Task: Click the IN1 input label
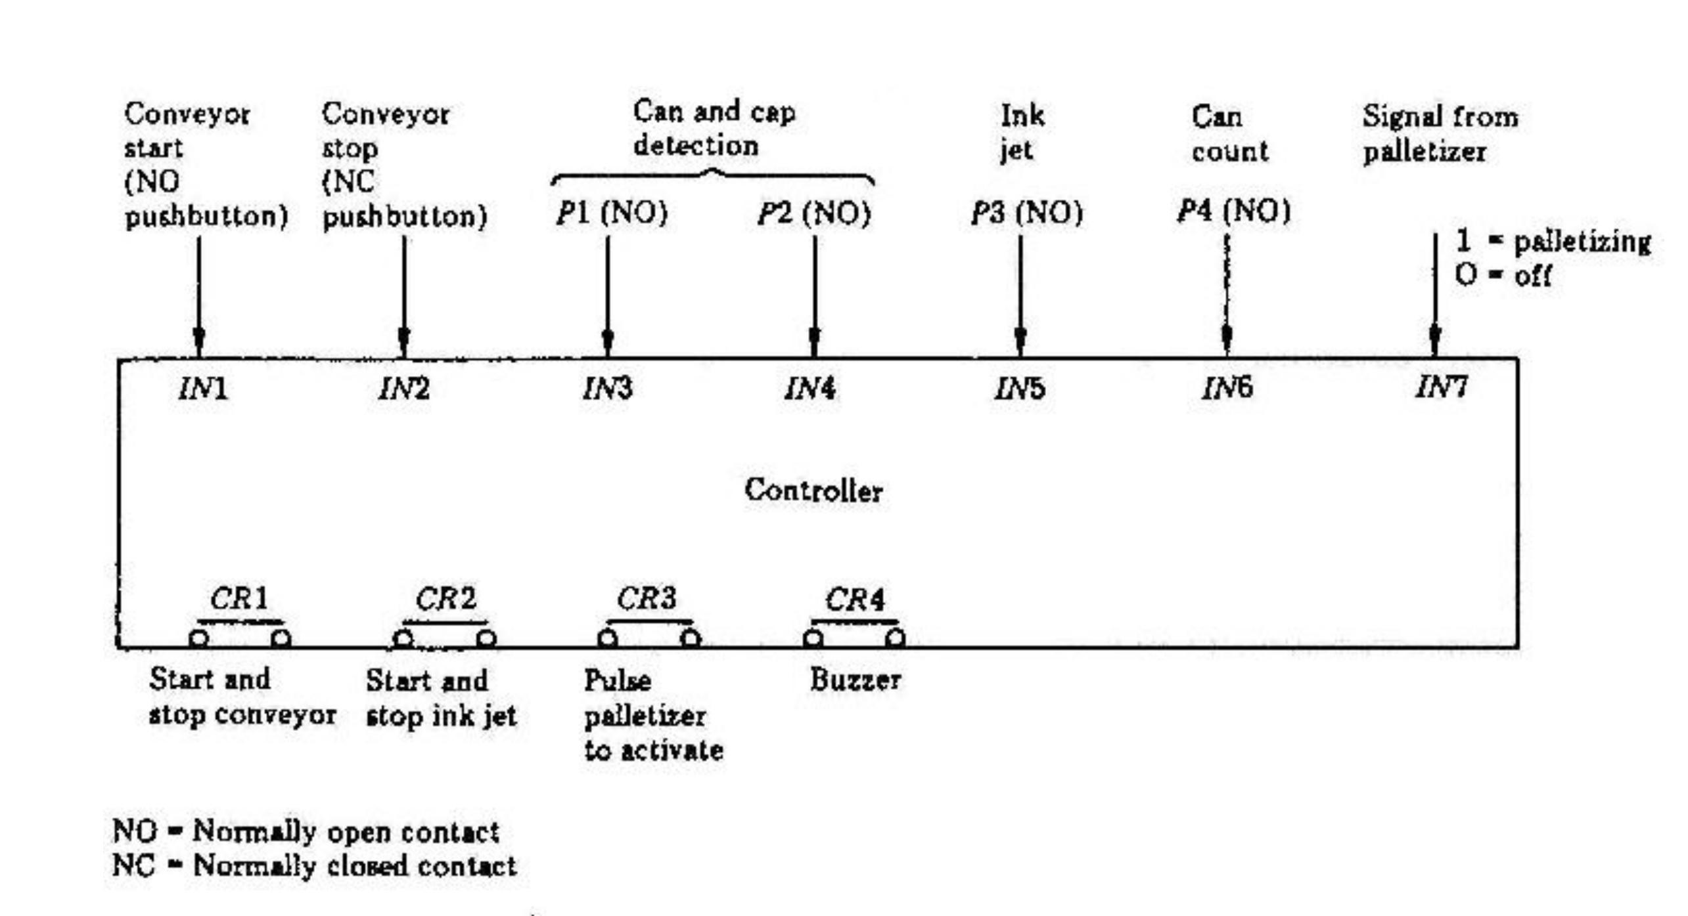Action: point(203,389)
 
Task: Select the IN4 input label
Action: point(810,389)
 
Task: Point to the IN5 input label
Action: point(1019,389)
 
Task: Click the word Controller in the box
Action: point(813,491)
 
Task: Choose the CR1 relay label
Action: point(239,599)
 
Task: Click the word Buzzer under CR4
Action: point(855,680)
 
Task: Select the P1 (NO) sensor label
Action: point(612,213)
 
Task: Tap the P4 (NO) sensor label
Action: point(1233,211)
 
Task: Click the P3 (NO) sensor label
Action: point(1026,213)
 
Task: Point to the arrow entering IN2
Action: point(404,295)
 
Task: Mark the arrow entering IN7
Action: point(1435,295)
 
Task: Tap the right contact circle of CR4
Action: point(895,638)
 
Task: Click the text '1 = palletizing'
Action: point(1553,242)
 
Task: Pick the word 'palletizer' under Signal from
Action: point(1424,152)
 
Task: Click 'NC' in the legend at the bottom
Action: point(133,865)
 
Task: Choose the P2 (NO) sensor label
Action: point(814,213)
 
